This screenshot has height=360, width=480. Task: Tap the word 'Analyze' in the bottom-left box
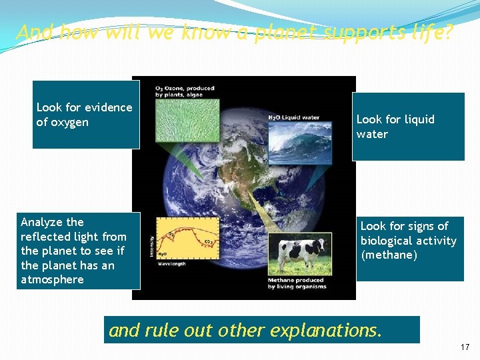pos(42,222)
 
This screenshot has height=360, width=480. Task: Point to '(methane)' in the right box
pos(389,255)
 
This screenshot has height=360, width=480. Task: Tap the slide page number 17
pos(465,347)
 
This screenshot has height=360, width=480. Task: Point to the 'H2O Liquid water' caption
pos(293,118)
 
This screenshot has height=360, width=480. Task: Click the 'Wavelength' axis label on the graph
pos(173,263)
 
